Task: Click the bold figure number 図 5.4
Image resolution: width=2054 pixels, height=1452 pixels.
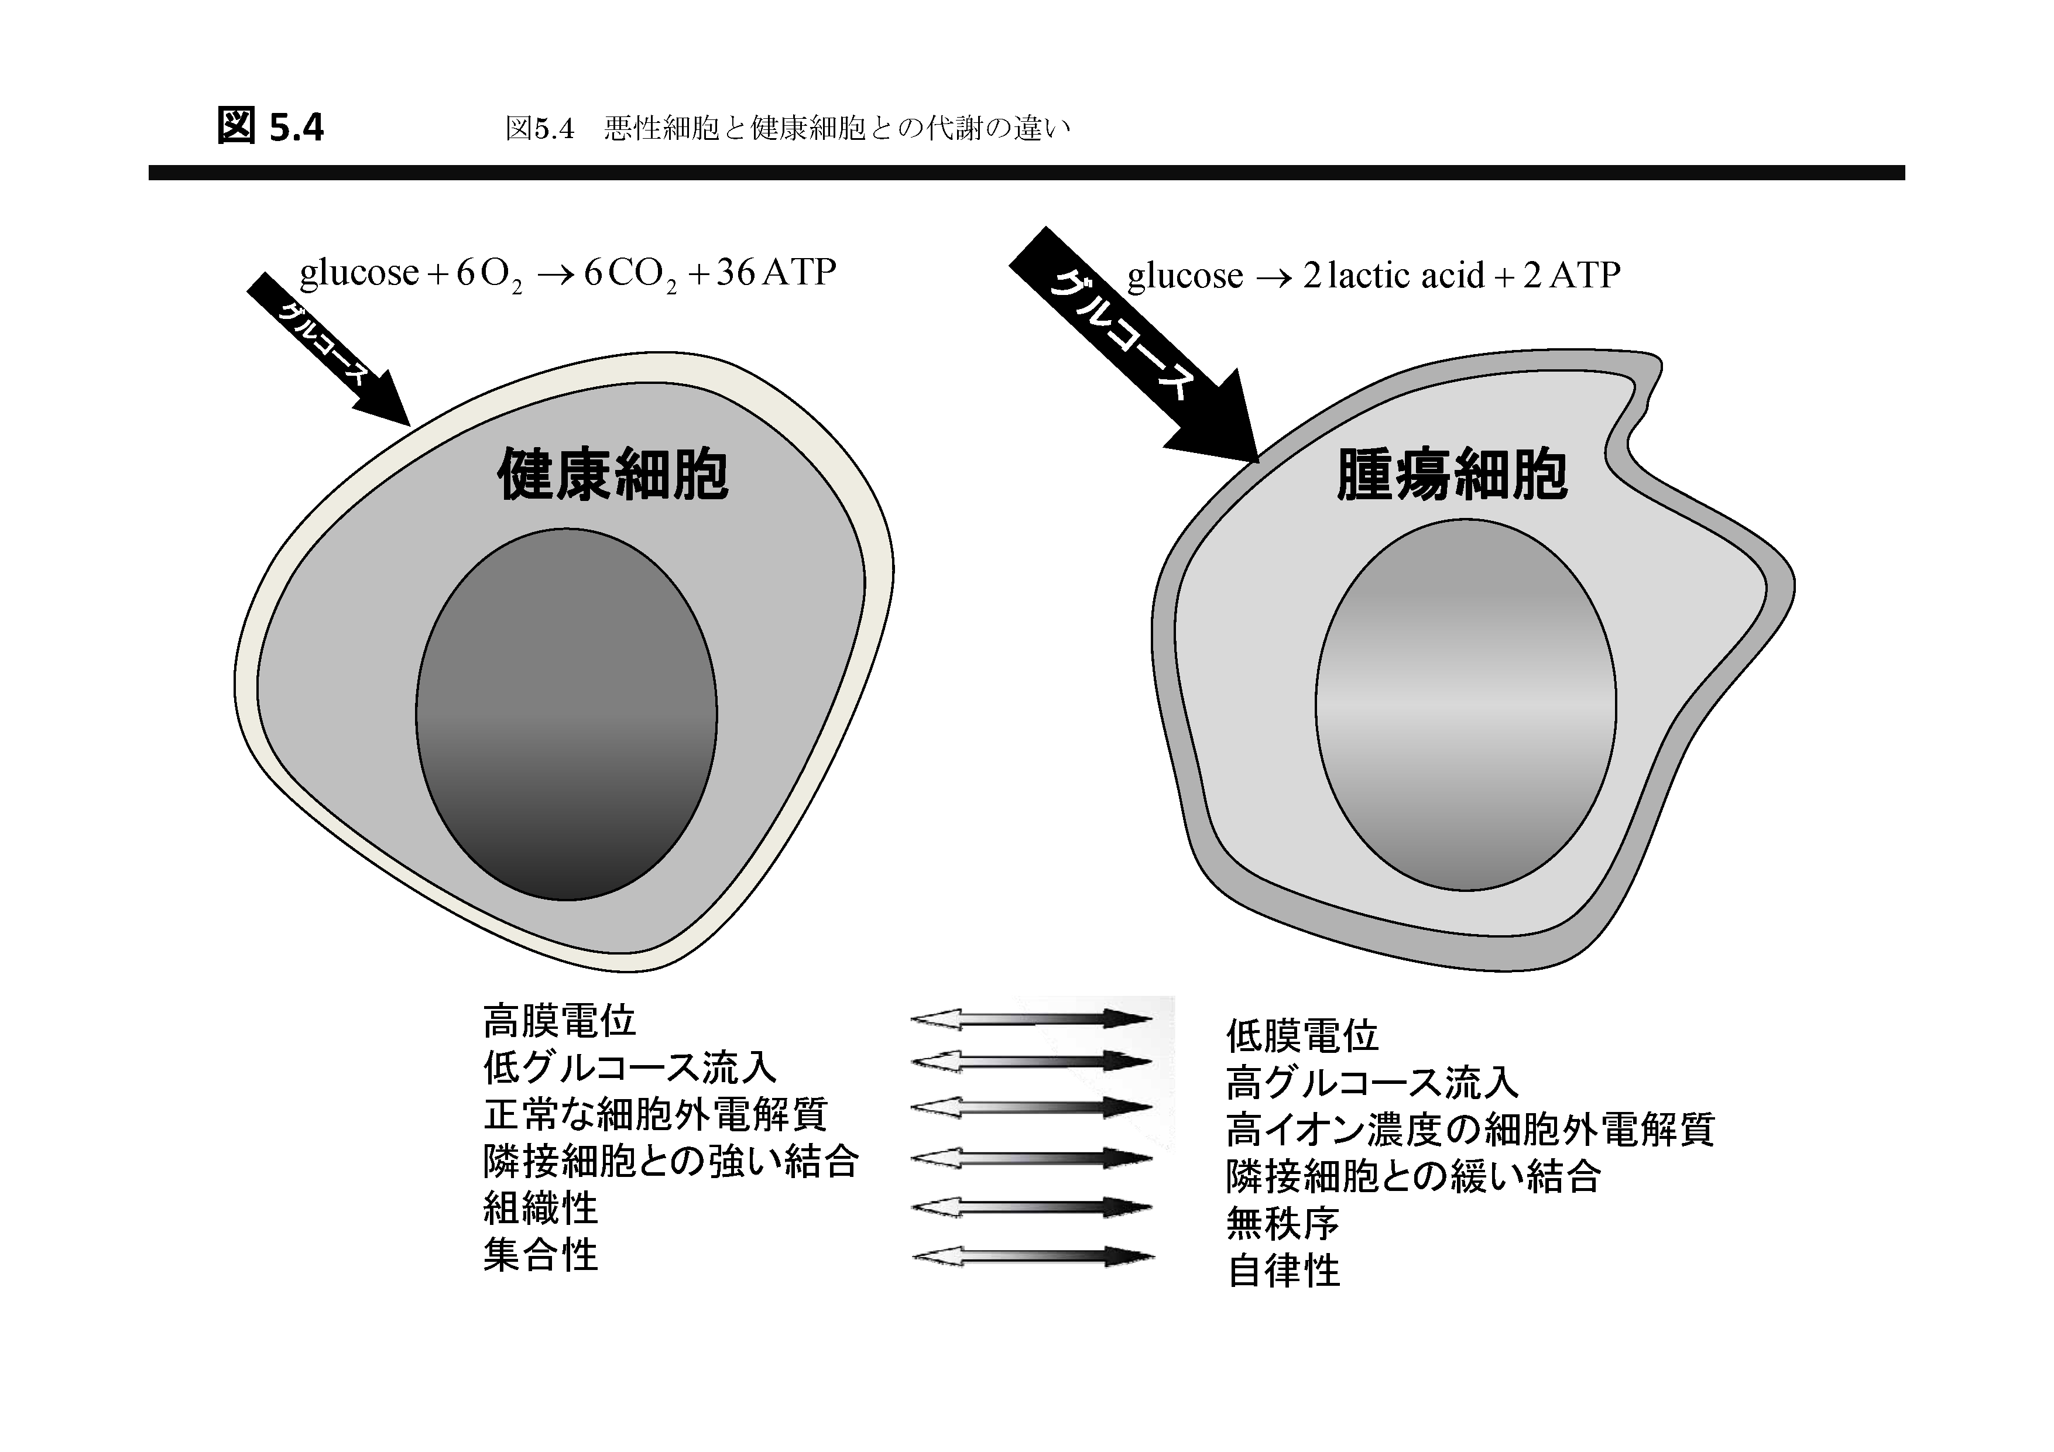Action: click(270, 126)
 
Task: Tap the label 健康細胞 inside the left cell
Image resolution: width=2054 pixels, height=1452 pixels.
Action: click(613, 474)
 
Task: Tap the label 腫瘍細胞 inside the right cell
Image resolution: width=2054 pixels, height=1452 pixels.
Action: click(1451, 473)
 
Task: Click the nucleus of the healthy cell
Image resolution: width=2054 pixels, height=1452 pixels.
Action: click(566, 714)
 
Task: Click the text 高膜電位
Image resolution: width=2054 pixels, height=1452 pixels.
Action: click(559, 1020)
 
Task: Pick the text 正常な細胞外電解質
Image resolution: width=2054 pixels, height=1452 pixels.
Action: click(656, 1114)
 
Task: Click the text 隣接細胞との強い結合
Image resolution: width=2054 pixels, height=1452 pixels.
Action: click(671, 1161)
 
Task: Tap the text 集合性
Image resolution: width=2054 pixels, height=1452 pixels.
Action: click(540, 1254)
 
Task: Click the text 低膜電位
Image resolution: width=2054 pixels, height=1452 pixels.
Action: click(1302, 1036)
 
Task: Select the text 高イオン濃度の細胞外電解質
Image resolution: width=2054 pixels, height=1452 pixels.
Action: click(1470, 1129)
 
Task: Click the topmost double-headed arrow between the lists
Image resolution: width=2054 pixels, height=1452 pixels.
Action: click(1031, 1019)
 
